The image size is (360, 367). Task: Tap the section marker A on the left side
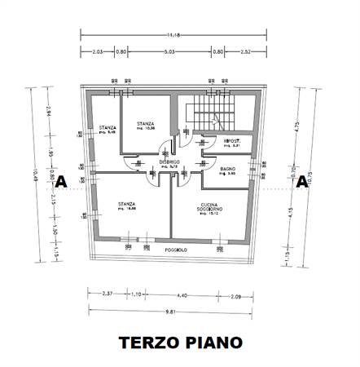coord(59,182)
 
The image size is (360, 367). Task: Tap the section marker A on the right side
coord(301,182)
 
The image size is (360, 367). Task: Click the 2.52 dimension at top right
coord(248,51)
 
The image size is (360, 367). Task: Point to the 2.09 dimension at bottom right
coord(235,294)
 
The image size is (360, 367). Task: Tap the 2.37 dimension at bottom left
coord(107,294)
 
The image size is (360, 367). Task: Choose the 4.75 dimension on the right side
coord(299,126)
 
